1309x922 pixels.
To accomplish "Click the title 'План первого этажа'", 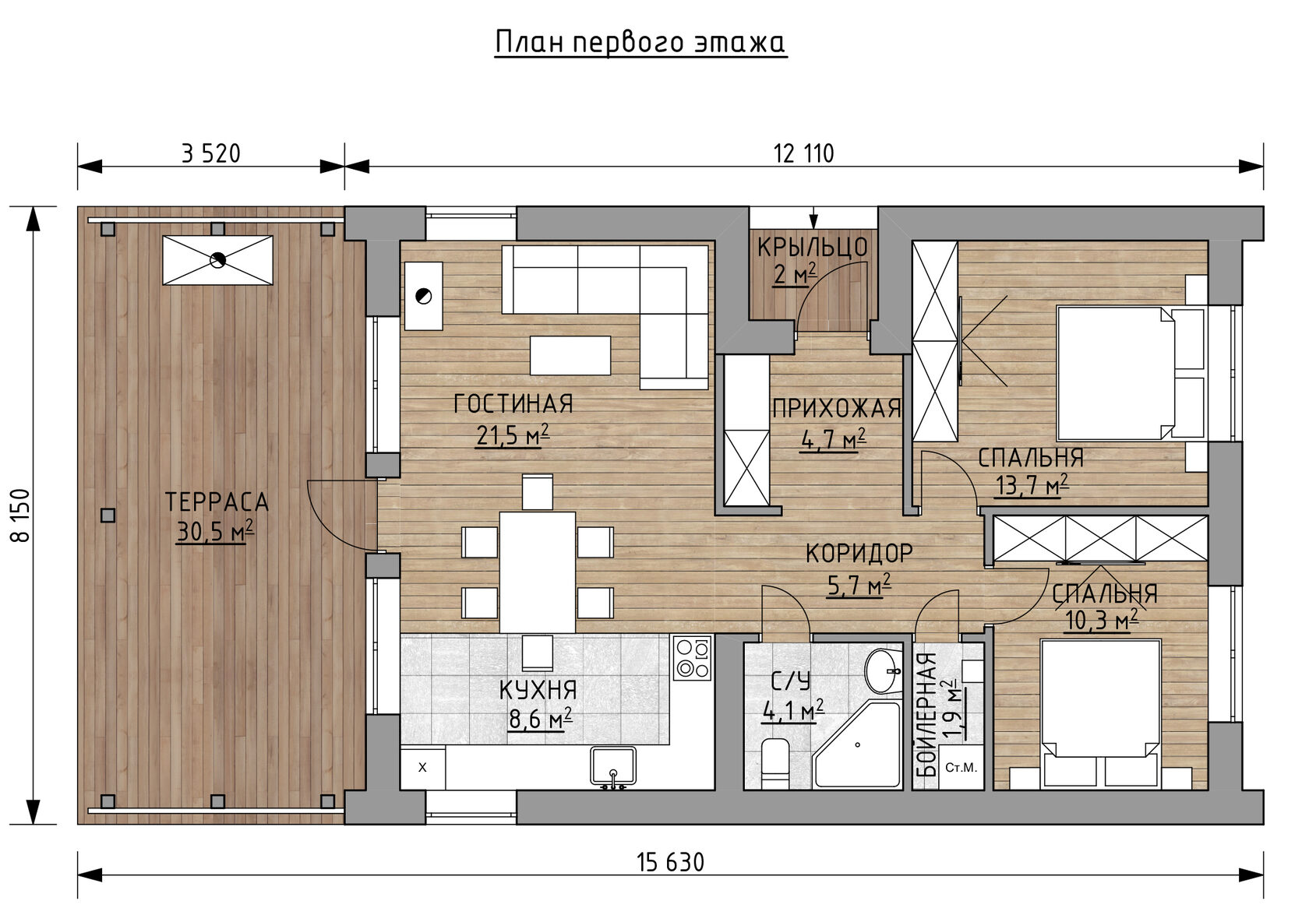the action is click(640, 43).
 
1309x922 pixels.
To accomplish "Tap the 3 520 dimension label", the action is click(211, 154).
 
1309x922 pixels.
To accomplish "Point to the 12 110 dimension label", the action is click(803, 154).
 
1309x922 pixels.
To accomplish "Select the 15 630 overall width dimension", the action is click(670, 863).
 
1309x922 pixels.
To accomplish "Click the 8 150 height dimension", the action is click(22, 516).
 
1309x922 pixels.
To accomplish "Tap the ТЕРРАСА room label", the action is click(217, 502).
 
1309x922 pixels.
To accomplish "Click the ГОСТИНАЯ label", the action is click(513, 404).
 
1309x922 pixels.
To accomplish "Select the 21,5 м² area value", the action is click(513, 435).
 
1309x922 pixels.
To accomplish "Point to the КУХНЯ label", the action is click(538, 691).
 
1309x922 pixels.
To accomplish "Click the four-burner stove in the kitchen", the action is click(692, 658).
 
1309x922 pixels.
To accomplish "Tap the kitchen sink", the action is click(612, 767).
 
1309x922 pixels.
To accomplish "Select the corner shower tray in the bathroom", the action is click(857, 745).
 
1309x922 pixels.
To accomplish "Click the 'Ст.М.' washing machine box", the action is click(961, 768).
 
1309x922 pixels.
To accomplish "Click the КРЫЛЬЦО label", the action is click(812, 248).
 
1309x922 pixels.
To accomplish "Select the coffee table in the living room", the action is click(570, 355).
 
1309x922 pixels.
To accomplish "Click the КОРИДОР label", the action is click(859, 554).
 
